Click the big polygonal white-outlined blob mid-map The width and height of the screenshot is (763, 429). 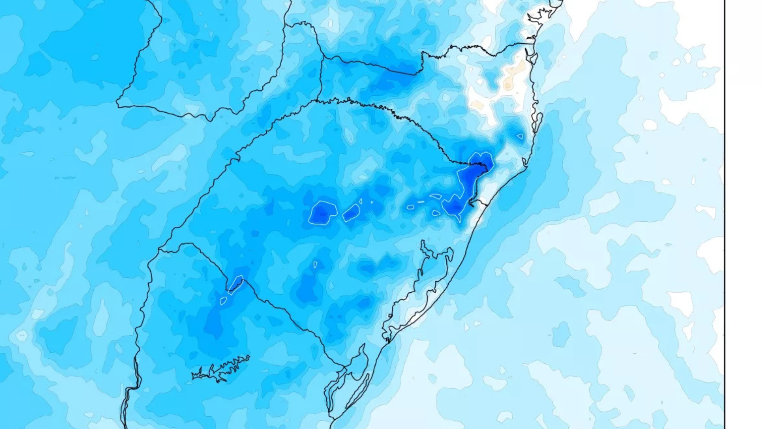pyautogui.click(x=322, y=213)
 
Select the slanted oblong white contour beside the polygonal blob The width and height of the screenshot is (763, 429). pyautogui.click(x=351, y=213)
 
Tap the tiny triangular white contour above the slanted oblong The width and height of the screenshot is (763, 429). pyautogui.click(x=361, y=201)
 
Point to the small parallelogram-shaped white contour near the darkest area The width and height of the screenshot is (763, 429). pyautogui.click(x=436, y=196)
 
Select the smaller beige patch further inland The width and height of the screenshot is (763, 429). pyautogui.click(x=477, y=105)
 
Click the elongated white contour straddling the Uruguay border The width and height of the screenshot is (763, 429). pyautogui.click(x=235, y=285)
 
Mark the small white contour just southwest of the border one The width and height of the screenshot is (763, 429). pyautogui.click(x=223, y=301)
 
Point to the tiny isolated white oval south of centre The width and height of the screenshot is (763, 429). pyautogui.click(x=315, y=265)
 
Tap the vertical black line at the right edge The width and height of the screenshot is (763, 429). pyautogui.click(x=725, y=214)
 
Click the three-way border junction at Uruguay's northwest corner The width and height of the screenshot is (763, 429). pyautogui.click(x=159, y=250)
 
